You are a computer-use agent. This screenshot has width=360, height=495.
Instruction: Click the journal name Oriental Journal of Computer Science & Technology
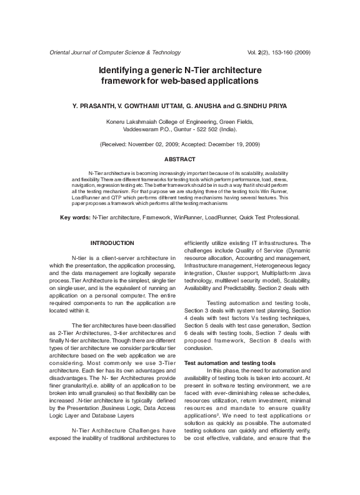[x=111, y=52]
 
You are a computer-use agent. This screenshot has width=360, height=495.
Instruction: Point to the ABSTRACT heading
[x=179, y=160]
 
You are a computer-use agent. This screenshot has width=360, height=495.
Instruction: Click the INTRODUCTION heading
[x=112, y=242]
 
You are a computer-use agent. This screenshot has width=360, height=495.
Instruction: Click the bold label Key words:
[x=74, y=217]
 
